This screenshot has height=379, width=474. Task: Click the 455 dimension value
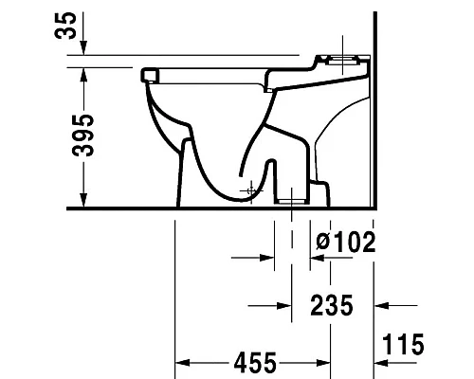(256, 362)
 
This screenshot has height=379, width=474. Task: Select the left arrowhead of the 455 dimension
(183, 362)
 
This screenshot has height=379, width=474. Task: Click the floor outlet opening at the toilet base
(291, 200)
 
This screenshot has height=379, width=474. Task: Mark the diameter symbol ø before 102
(322, 242)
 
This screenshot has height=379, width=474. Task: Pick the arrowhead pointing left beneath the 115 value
(382, 362)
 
